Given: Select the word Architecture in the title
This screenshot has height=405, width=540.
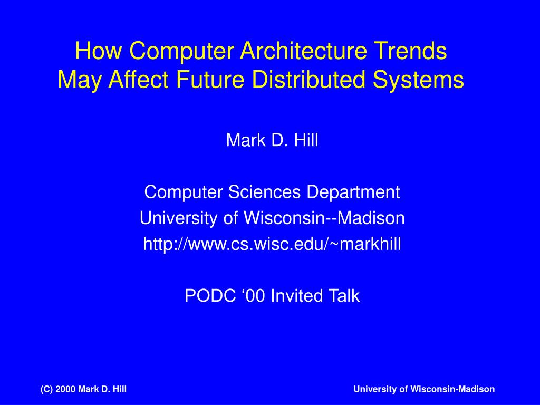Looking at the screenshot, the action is pyautogui.click(x=303, y=51).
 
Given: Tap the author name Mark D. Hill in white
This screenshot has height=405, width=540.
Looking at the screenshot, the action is pyautogui.click(x=272, y=140).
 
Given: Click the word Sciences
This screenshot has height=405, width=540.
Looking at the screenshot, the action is pyautogui.click(x=264, y=192).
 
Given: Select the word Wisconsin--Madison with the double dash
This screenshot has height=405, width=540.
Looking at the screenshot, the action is pyautogui.click(x=324, y=218).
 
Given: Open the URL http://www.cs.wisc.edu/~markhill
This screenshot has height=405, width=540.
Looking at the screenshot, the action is pyautogui.click(x=272, y=244).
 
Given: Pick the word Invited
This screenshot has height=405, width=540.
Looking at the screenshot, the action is pyautogui.click(x=296, y=296).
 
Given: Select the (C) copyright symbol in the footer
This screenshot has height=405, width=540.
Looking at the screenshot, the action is pyautogui.click(x=46, y=390).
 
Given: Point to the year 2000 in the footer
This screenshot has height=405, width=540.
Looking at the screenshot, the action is pyautogui.click(x=65, y=390).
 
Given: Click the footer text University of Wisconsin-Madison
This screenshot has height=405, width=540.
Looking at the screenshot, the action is pyautogui.click(x=424, y=390).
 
